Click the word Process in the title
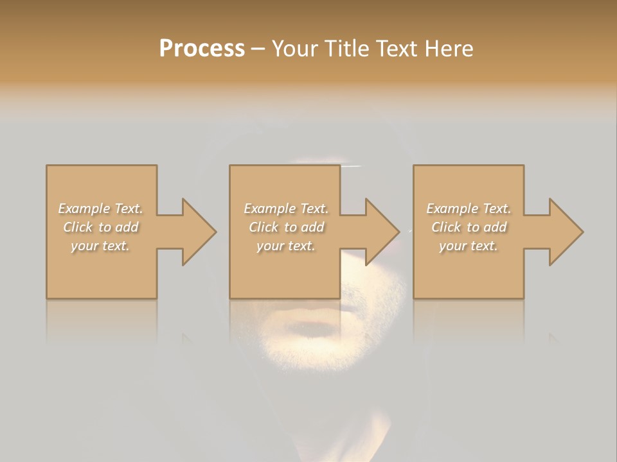coord(202,49)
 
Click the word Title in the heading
coord(346,49)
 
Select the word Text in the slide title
coord(397,49)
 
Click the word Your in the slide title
coord(296,49)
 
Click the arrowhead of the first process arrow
coord(199,232)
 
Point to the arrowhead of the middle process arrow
coord(382,232)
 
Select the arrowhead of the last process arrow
coord(566,232)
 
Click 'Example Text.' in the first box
coord(100,209)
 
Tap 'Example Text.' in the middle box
coord(286,209)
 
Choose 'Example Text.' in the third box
coord(469,209)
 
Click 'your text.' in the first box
coord(100,246)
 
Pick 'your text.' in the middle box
coord(286,246)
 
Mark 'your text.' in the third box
coord(469,246)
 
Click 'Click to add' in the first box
coord(100,227)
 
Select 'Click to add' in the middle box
coord(286,227)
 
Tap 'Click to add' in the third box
coord(469,227)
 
